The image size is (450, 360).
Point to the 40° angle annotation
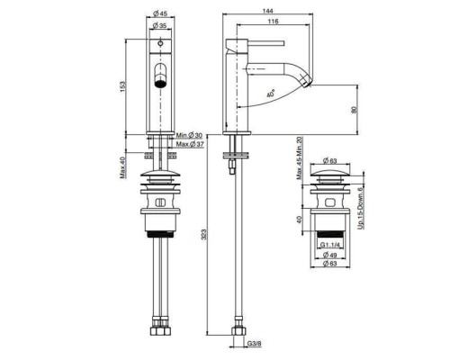click(x=273, y=92)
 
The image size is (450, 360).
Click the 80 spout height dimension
click(x=354, y=109)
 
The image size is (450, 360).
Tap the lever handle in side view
click(x=265, y=41)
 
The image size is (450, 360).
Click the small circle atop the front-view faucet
click(x=160, y=42)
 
